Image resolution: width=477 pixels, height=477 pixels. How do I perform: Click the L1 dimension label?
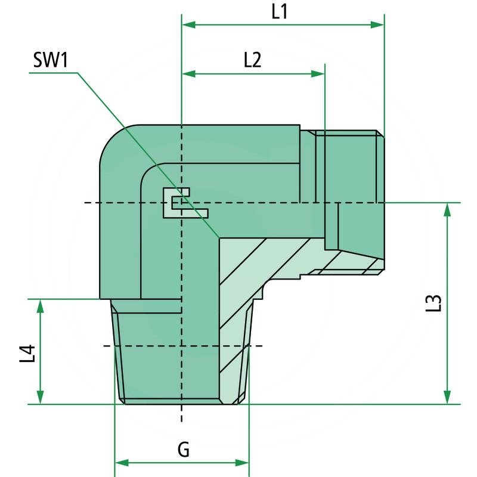[x=280, y=12]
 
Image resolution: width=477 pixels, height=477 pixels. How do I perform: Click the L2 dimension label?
[x=253, y=60]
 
